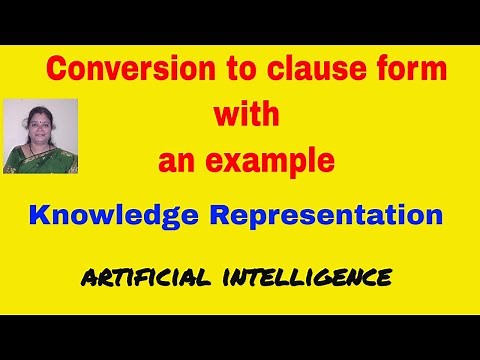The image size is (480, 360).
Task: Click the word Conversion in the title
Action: [x=113, y=72]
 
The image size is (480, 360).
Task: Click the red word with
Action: [x=245, y=115]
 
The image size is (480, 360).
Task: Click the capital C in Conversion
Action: [x=57, y=72]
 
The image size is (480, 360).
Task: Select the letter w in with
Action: [x=225, y=115]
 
